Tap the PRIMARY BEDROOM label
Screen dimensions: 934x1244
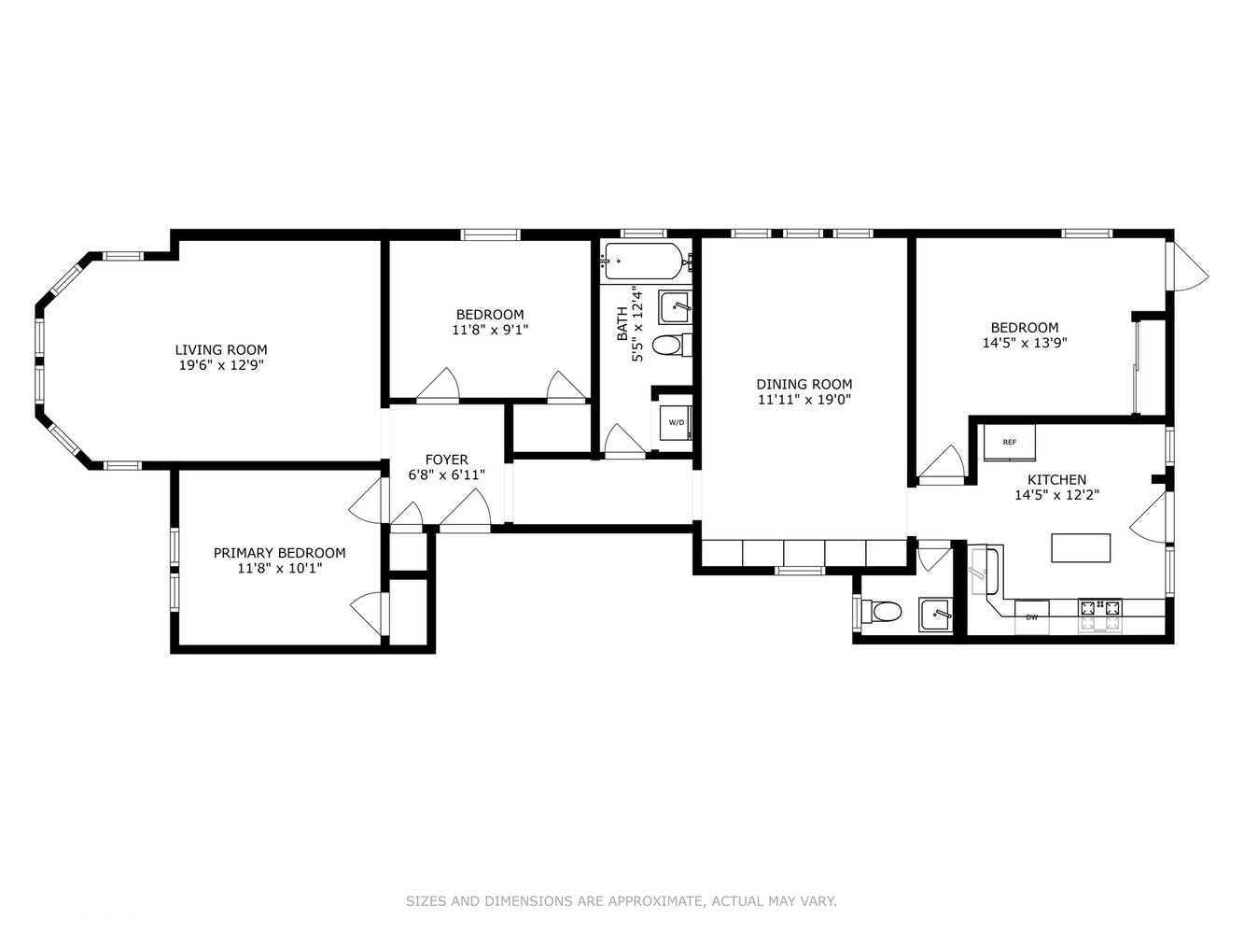tap(279, 553)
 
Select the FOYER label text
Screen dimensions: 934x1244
tap(446, 460)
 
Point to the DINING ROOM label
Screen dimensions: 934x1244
tap(804, 384)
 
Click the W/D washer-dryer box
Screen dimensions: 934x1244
tap(676, 422)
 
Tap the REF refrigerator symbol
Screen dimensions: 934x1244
tap(1010, 443)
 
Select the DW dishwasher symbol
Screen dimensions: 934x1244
tap(1031, 617)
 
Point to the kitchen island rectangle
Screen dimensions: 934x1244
tap(1081, 547)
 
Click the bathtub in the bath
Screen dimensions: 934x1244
tap(643, 261)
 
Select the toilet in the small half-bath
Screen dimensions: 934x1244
tap(883, 612)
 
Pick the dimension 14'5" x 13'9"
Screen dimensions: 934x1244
tap(1024, 343)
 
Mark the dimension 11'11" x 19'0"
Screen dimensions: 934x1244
tap(804, 400)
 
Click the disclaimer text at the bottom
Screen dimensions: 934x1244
tap(621, 901)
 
